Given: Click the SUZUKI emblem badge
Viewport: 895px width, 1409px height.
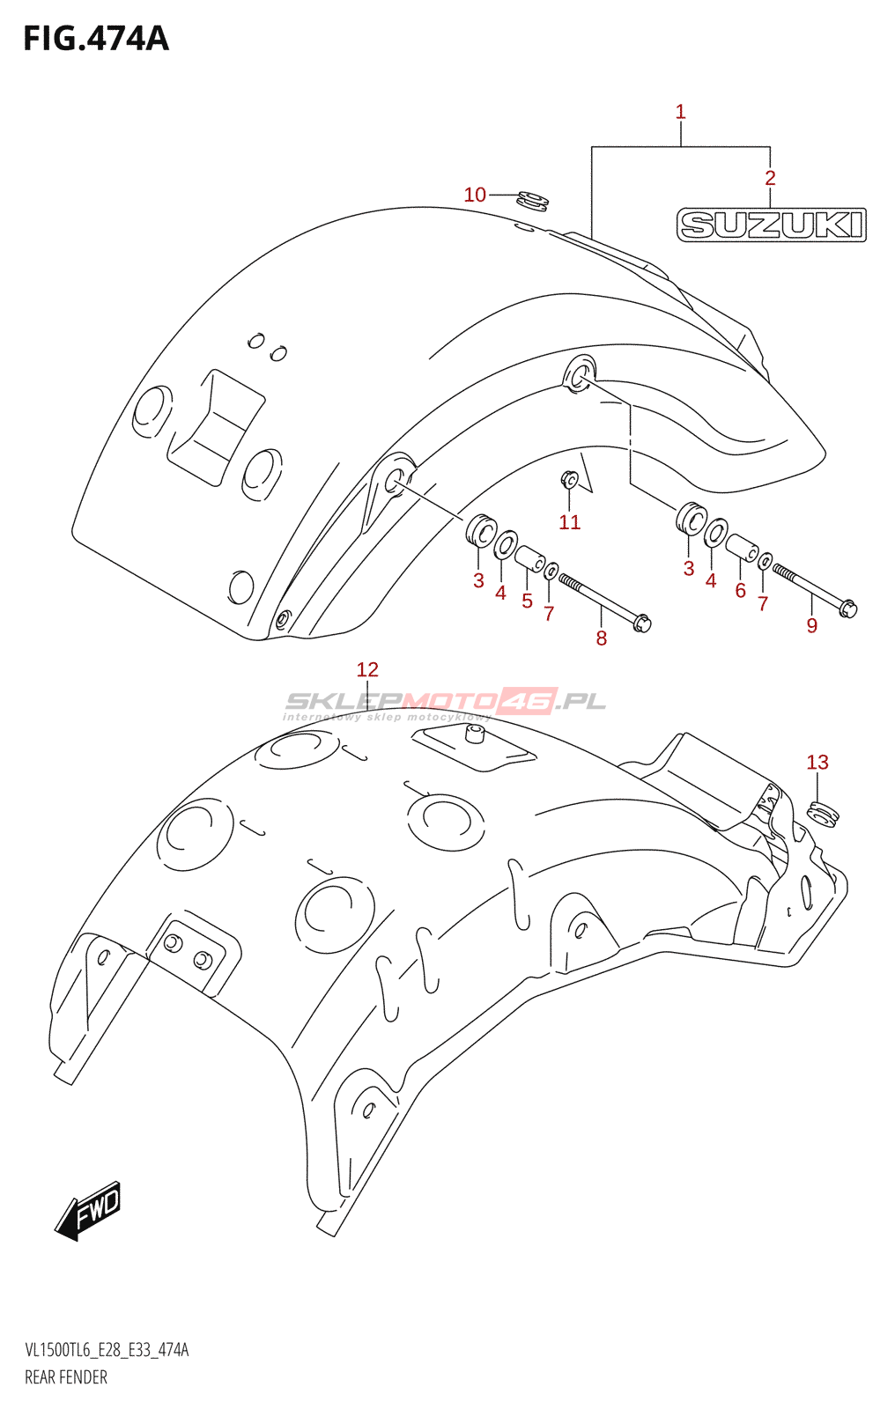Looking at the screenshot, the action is click(x=771, y=225).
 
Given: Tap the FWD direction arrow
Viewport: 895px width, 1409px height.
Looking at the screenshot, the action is click(x=89, y=1210).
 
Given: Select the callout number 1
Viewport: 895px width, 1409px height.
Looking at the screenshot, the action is click(x=680, y=112).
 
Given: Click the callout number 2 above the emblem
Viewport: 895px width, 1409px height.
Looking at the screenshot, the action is click(x=770, y=178).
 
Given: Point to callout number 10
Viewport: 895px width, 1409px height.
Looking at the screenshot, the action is click(x=475, y=195).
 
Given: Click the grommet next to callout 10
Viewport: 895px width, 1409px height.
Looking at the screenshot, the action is click(x=532, y=201).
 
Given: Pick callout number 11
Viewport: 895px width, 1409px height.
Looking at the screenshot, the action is click(x=570, y=522).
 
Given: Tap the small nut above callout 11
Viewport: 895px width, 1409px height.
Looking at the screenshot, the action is click(x=569, y=479).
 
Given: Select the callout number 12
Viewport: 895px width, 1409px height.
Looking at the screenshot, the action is click(x=367, y=669).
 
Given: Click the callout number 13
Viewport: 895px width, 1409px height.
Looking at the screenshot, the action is click(x=817, y=763).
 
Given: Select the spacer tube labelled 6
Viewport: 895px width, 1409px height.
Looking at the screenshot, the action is click(x=742, y=548).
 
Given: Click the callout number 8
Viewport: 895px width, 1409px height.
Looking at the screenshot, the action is click(x=602, y=638).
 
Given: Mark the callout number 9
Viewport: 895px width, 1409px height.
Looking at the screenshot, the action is click(x=812, y=626).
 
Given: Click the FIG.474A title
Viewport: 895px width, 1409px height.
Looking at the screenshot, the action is click(x=95, y=39).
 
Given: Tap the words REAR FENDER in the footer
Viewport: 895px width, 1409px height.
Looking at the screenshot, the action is click(x=66, y=1377).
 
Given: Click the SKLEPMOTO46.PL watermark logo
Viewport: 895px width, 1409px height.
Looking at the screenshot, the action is click(x=445, y=702).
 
